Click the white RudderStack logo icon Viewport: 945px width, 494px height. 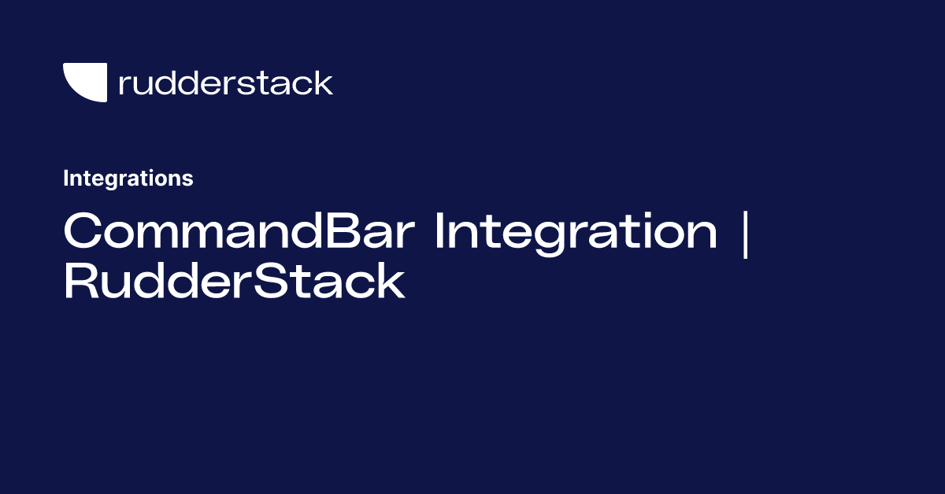[85, 82]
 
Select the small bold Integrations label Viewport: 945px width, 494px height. [128, 179]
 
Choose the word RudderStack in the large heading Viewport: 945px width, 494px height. [234, 282]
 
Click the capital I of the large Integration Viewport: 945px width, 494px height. [440, 231]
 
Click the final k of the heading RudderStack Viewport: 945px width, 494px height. [390, 282]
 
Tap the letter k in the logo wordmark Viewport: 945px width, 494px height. [323, 83]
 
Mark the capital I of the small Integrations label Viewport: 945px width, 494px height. [66, 179]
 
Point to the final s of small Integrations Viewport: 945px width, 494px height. [188, 180]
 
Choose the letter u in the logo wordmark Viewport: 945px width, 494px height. [143, 85]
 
